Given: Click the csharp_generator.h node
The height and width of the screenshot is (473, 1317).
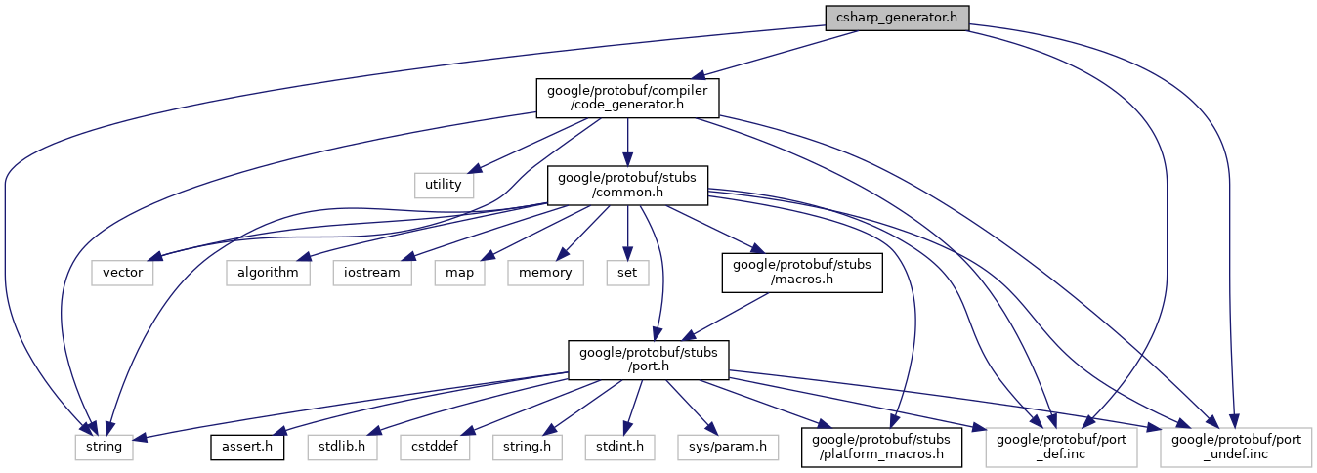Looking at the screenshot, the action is [897, 19].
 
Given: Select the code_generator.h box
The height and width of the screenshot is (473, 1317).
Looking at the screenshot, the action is [627, 98].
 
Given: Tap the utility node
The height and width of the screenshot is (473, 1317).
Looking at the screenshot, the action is [444, 185].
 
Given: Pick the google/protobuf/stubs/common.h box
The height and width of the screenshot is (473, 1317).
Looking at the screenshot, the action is [627, 186].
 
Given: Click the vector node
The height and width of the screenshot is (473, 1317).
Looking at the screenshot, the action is [122, 273].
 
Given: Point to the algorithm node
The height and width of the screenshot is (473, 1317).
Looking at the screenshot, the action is [268, 273].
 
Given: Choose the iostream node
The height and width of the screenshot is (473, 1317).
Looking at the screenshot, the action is [372, 273].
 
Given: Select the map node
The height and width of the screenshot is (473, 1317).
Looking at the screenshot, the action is [460, 273].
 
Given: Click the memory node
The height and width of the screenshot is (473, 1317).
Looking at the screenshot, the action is [545, 273].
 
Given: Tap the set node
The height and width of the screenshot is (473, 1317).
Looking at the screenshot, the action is [627, 273].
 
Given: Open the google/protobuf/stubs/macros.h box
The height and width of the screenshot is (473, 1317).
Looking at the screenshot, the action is [802, 273].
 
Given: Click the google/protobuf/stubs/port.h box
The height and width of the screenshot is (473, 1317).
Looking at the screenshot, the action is [648, 360].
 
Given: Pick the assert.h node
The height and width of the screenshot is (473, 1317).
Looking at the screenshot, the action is [247, 448].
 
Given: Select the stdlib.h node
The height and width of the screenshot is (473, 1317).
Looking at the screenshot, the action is [342, 448].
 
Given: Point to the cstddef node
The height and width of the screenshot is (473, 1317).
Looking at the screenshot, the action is [436, 448].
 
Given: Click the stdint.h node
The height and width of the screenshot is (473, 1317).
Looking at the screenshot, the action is [619, 448].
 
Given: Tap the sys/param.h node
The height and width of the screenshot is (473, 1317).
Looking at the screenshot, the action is [728, 448].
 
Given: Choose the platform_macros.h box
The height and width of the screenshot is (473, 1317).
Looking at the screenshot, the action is [880, 448].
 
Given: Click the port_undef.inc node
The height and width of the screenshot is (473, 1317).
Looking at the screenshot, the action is [1236, 448].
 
